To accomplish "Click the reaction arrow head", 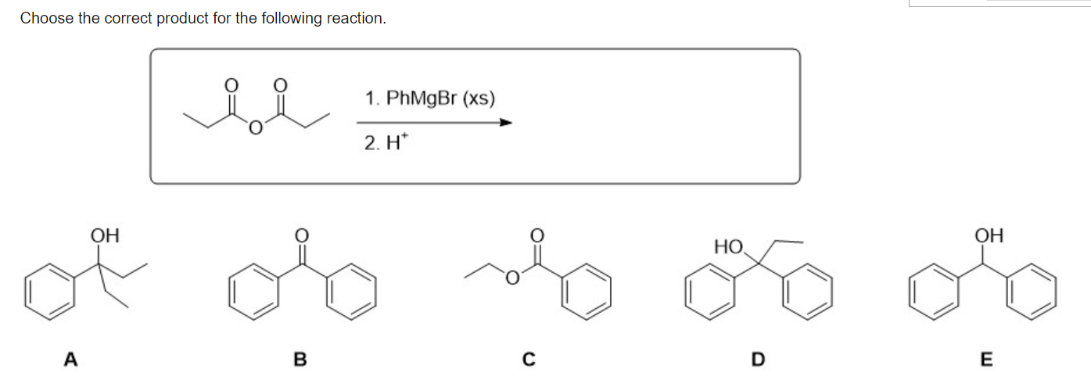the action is [506, 122].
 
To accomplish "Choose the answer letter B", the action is [300, 360].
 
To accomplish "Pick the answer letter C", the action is [529, 360].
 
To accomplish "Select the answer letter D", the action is [756, 360].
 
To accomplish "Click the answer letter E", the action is [985, 360].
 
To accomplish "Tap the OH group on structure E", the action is [989, 235].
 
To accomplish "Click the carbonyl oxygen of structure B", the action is [301, 235].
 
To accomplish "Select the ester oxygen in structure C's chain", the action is [512, 277].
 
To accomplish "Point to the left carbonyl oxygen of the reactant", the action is [231, 84].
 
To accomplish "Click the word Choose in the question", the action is [46, 18].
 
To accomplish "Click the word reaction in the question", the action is [356, 18].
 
